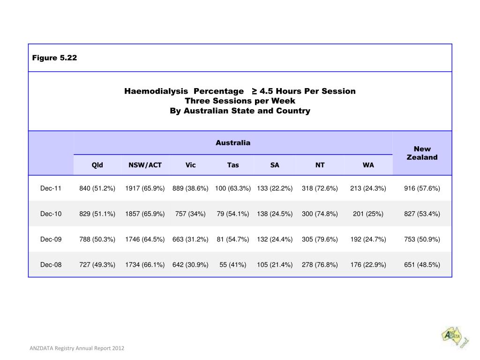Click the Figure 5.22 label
tap(54, 58)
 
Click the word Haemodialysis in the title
tap(156, 91)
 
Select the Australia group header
tap(233, 142)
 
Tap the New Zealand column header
tap(422, 153)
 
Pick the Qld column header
tap(97, 165)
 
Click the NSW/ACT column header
tap(145, 165)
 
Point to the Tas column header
tap(233, 165)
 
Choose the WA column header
tap(368, 165)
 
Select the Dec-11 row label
tap(51, 188)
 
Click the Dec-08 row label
tap(51, 264)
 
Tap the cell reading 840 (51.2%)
tap(97, 188)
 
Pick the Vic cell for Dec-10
tap(190, 214)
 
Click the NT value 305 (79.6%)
tap(320, 239)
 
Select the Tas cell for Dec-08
tap(233, 264)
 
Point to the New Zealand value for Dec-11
tap(422, 188)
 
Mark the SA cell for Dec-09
tap(275, 239)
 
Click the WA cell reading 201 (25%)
tap(368, 214)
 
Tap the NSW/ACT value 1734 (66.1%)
tap(145, 264)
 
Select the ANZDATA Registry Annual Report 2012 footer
tap(77, 348)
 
